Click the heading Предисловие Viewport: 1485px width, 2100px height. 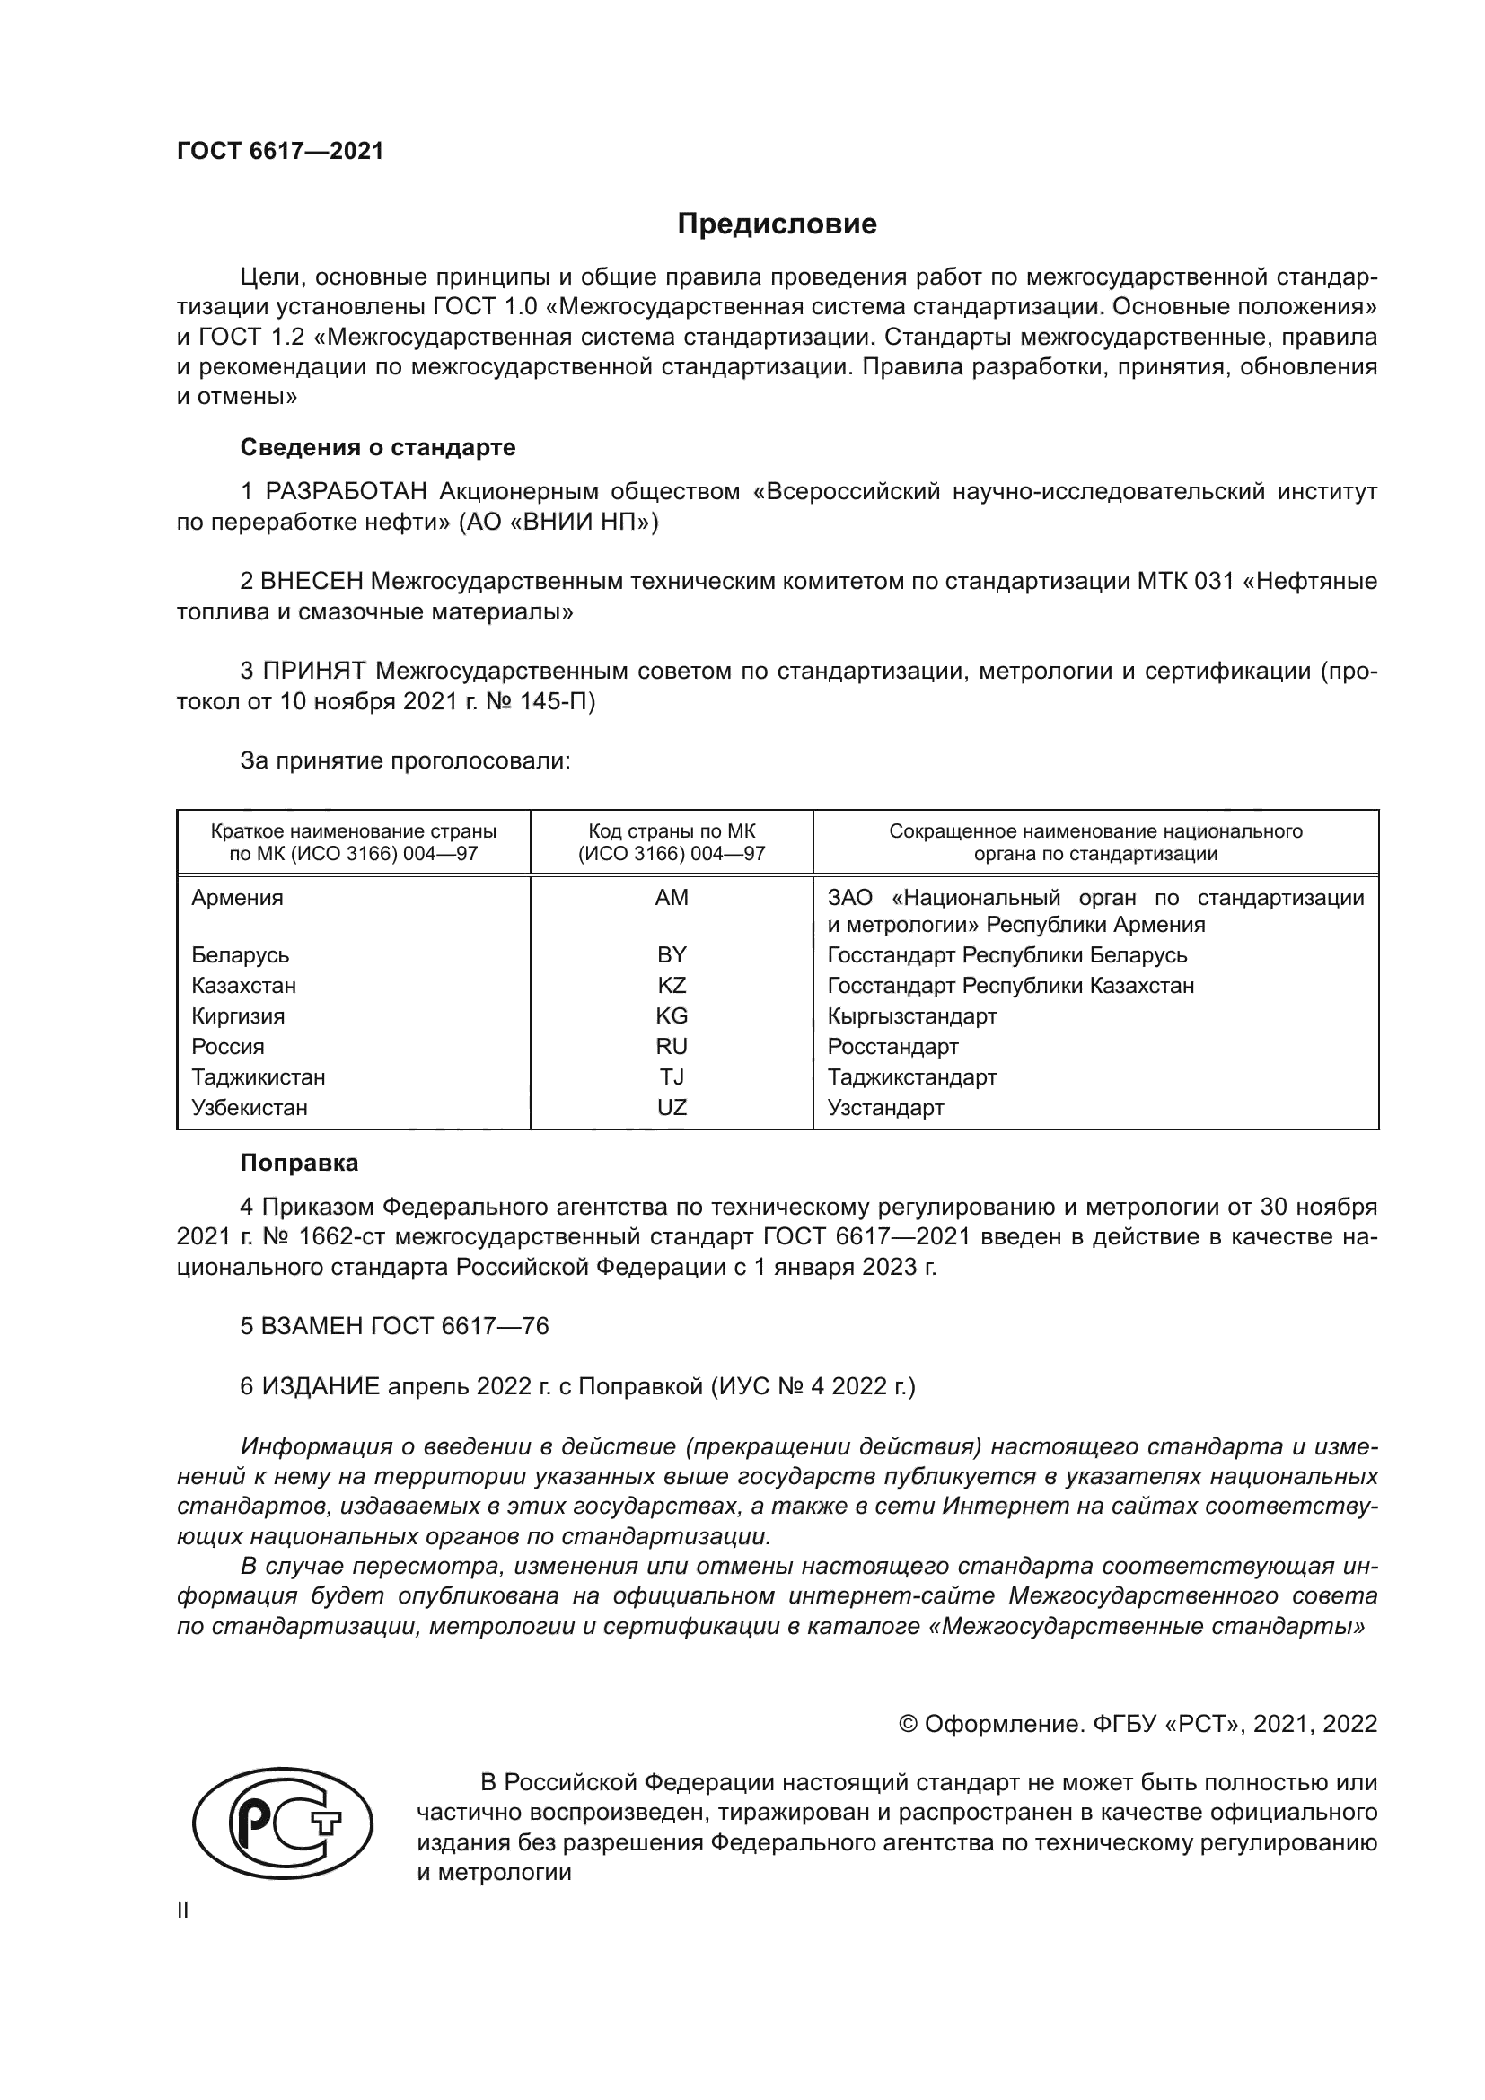pos(777,224)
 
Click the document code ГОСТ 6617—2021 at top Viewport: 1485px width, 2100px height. pos(280,152)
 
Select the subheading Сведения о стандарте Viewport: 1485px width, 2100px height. pos(378,447)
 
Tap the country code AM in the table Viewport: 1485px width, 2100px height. pos(672,897)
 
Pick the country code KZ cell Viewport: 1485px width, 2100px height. pos(672,985)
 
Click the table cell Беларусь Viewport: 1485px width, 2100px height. pos(240,955)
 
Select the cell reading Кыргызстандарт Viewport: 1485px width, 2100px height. pos(911,1016)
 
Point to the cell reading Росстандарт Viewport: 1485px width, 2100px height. pos(892,1046)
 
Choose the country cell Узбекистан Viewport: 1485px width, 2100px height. pos(249,1108)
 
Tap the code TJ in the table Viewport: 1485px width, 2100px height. pos(672,1076)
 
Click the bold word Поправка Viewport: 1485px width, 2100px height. pos(299,1164)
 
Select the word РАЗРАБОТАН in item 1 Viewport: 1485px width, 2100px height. pos(346,492)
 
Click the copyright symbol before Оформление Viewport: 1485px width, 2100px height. pos(908,1724)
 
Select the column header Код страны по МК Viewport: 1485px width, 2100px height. pos(672,831)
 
